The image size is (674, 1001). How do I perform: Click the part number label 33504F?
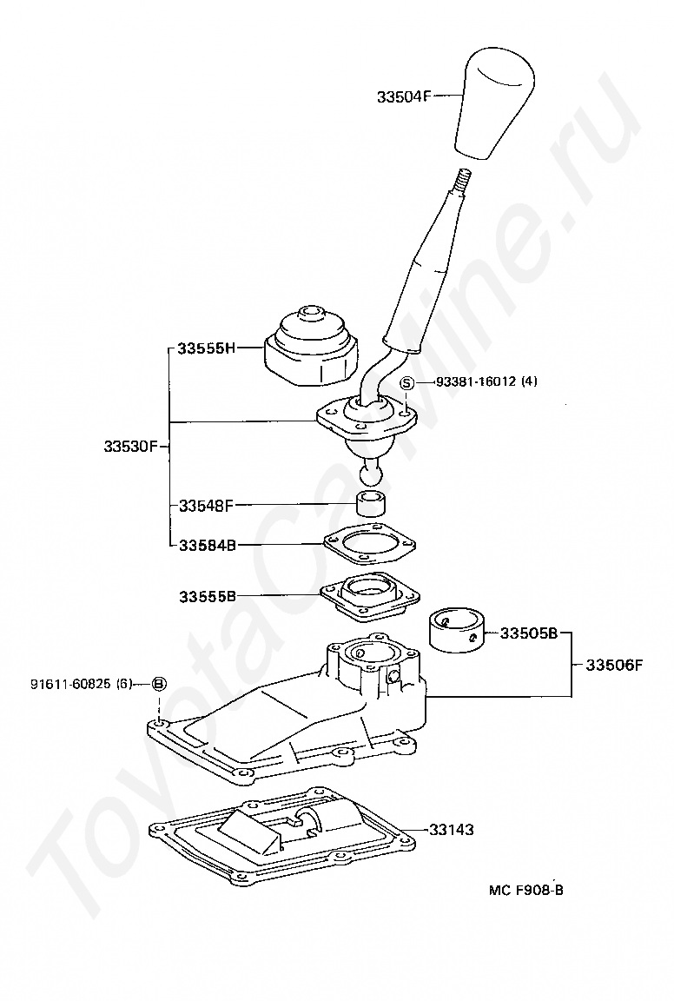[404, 97]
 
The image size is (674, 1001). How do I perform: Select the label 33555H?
[207, 348]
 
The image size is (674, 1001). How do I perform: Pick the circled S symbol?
[406, 382]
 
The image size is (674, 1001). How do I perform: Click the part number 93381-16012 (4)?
[486, 382]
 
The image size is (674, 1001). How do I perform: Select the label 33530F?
[130, 447]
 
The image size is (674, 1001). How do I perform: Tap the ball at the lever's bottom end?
[369, 474]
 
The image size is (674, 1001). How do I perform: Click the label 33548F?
[207, 505]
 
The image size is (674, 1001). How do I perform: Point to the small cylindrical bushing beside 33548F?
[371, 506]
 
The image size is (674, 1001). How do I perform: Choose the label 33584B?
[207, 546]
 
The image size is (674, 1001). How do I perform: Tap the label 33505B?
[528, 633]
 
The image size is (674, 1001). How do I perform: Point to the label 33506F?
[613, 666]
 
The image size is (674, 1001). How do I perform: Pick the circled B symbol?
[158, 684]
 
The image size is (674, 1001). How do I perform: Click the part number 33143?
[451, 830]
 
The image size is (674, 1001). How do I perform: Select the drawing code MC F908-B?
[525, 891]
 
